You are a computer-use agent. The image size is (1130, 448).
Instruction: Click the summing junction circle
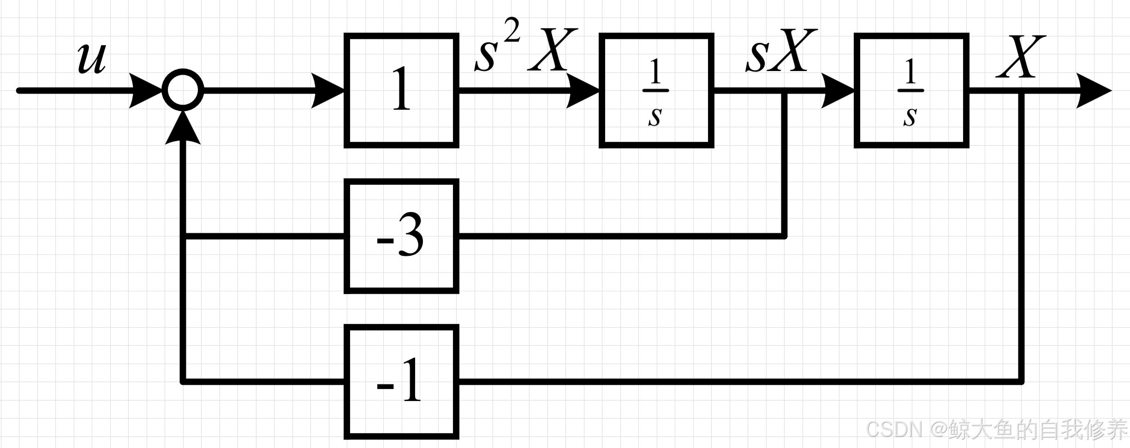183,90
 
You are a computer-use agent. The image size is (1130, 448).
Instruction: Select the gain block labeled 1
401,90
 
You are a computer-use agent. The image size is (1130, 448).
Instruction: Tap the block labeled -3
401,236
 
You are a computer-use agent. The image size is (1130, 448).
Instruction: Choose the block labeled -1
401,382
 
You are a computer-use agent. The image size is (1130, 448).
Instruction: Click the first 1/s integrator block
656,90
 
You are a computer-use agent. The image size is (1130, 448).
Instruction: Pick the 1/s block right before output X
911,90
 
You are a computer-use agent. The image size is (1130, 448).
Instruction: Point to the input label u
91,59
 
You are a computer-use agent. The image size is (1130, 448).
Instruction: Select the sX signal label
780,52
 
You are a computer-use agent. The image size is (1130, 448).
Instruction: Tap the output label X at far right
1020,57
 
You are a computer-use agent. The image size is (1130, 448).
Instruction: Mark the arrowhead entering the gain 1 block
328,91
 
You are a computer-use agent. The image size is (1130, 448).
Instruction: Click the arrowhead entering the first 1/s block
583,91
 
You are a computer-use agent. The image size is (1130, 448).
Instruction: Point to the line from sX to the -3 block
623,236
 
